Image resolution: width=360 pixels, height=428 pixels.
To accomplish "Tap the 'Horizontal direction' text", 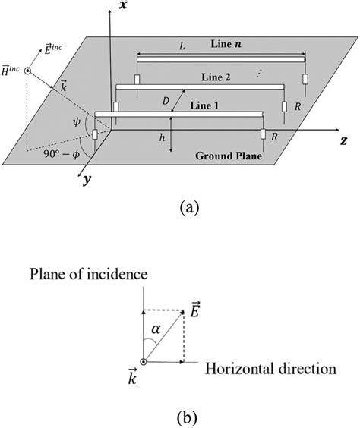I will click(x=270, y=369).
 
